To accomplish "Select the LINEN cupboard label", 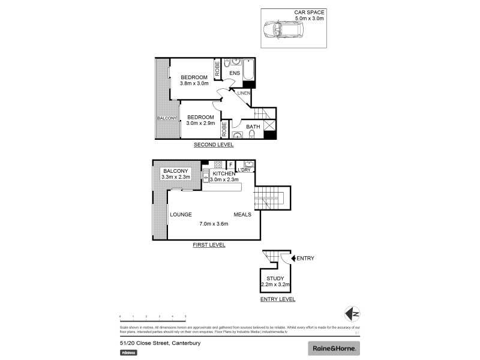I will pos(243,93).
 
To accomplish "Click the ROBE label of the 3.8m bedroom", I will pos(217,70).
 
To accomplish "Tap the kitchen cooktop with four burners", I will pos(218,164).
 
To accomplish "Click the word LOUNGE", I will pos(181,214).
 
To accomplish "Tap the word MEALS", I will pos(242,214).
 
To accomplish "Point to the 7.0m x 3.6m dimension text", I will pos(214,224).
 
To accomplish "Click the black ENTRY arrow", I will pos(293,259).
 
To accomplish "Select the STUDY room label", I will pos(276,278).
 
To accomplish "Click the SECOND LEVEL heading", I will pos(213,145).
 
